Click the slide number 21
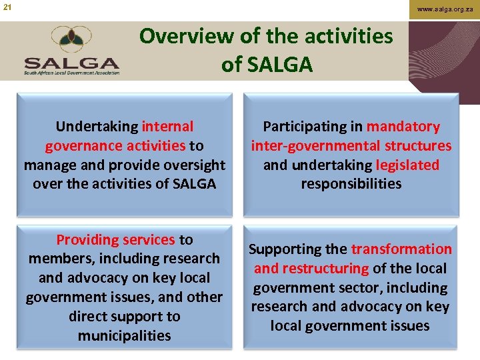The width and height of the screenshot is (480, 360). coord(7,7)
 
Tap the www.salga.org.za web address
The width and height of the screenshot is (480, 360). coord(445,9)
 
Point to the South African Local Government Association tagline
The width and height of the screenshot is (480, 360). coord(71,72)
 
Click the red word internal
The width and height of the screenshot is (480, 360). coord(167,127)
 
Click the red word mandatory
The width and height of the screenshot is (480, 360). coord(403,127)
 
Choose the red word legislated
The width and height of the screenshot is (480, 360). coord(407,165)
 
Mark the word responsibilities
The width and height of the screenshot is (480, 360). coord(351,184)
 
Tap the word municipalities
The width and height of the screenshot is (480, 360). coord(124,336)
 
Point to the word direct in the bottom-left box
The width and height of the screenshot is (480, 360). coord(91,317)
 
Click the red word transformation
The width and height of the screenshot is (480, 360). coord(401,249)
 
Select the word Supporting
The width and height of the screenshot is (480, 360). coord(289,249)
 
